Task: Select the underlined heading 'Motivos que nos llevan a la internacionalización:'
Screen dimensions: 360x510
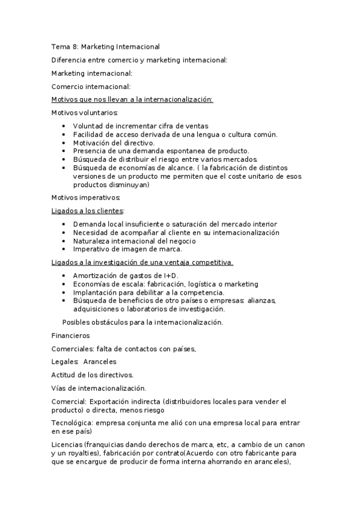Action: coord(132,100)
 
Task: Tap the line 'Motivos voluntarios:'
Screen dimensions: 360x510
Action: coord(85,112)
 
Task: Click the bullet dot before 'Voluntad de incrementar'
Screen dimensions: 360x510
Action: coord(64,126)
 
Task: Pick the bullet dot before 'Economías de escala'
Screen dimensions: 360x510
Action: coord(64,284)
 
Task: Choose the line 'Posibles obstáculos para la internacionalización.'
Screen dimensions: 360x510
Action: coord(142,322)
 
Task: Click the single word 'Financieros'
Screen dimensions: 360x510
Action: coord(70,335)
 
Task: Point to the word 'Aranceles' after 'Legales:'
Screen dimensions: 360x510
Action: coord(100,361)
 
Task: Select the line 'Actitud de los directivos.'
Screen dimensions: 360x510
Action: coord(92,375)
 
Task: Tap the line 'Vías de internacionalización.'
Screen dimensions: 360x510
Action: coord(99,388)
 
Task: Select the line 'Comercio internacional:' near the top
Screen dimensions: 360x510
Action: coord(91,87)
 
